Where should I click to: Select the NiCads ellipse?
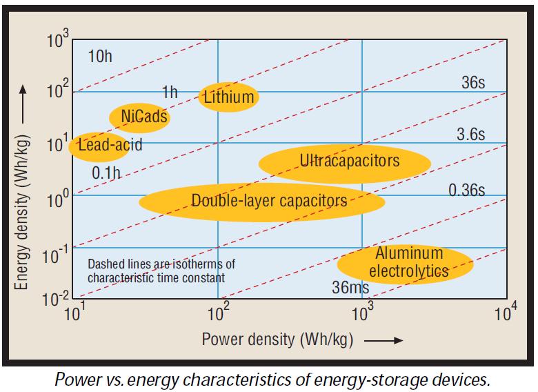point(140,117)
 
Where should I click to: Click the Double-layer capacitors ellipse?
point(262,202)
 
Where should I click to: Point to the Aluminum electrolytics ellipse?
point(405,263)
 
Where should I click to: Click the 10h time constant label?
point(100,56)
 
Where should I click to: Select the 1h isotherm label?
point(170,91)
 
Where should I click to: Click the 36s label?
point(473,83)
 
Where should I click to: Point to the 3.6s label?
point(471,135)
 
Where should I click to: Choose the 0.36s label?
point(467,189)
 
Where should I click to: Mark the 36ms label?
point(350,288)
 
